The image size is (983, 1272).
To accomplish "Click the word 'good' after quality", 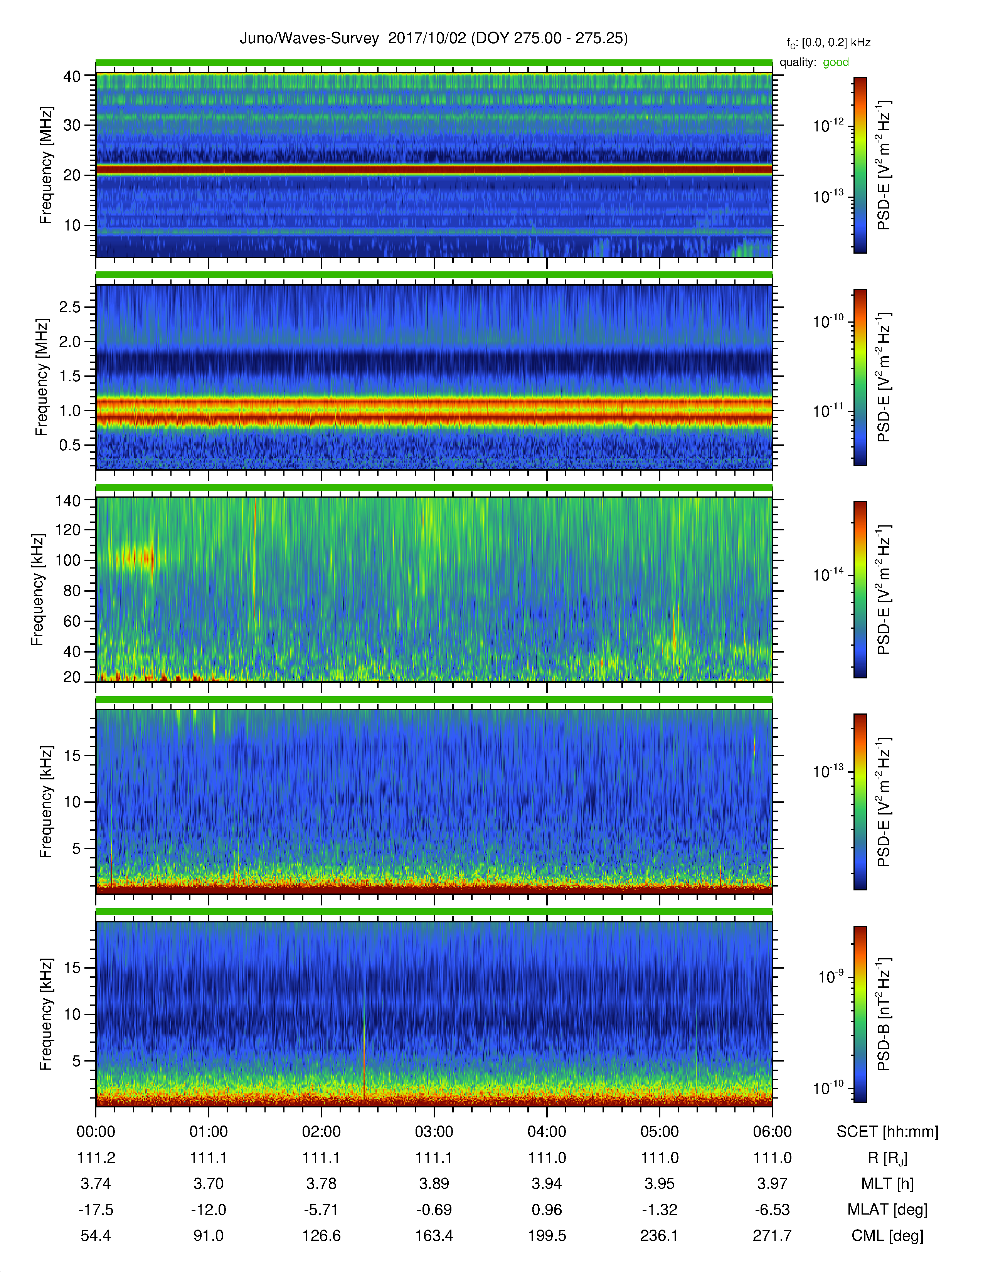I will pos(836,62).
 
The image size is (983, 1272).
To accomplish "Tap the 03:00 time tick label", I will pos(434,1132).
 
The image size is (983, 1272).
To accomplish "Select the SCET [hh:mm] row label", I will pos(887,1132).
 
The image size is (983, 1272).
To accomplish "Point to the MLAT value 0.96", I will pos(547,1210).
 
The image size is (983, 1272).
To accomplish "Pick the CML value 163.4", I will pos(434,1235).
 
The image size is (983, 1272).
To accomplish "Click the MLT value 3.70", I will pos(209,1183).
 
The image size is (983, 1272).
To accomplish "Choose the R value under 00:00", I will pos(96,1158).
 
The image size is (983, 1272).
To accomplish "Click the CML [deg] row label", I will pos(887,1235).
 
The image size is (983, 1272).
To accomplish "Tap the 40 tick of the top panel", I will pos(72,76).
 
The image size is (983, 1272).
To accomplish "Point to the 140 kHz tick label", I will pos(67,501).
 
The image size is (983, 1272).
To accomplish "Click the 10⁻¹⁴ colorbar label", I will pos(828,575).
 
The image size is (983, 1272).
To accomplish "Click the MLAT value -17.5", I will pos(96,1210).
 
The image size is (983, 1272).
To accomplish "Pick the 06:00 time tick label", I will pos(772,1132).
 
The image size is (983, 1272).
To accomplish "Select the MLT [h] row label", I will pos(887,1183).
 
